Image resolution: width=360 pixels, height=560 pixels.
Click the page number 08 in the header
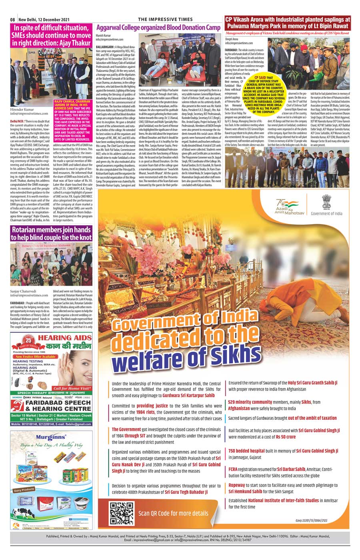[13, 20]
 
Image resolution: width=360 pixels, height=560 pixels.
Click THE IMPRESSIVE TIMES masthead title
[165, 19]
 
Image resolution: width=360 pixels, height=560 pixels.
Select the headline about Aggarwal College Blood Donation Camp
[158, 28]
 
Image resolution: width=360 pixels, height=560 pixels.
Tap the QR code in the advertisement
[122, 513]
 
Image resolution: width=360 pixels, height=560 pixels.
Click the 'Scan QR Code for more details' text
[173, 513]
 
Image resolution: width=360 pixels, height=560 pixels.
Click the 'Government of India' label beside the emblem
[326, 213]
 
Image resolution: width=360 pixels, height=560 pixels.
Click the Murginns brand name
[52, 437]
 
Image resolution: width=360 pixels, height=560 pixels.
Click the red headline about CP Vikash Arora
[287, 22]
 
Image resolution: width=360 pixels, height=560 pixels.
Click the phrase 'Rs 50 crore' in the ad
[286, 437]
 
